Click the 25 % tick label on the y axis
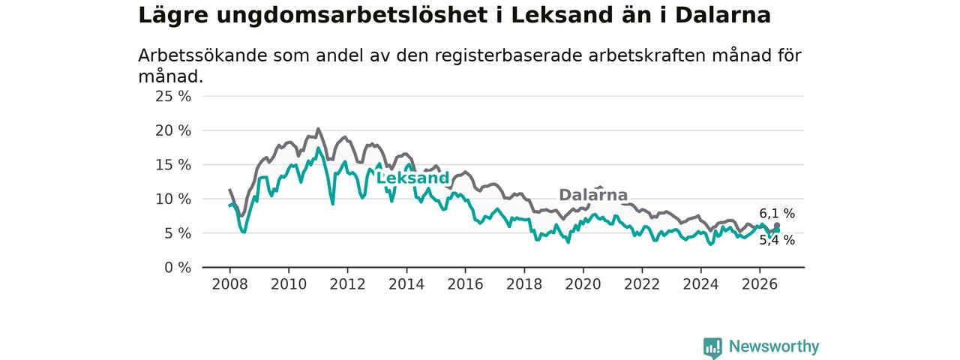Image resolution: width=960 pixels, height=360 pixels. pyautogui.click(x=173, y=97)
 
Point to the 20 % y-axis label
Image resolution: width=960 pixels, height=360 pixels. pyautogui.click(x=173, y=130)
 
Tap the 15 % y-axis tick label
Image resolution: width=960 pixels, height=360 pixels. pyautogui.click(x=173, y=165)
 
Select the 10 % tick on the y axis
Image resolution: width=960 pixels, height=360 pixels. pyautogui.click(x=173, y=199)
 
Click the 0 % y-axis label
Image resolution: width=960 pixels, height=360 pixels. pyautogui.click(x=178, y=268)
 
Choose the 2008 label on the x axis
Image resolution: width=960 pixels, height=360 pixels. pyautogui.click(x=229, y=284)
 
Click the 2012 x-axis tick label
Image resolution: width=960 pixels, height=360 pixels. pyautogui.click(x=347, y=284)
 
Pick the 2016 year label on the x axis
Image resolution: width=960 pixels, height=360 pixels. pyautogui.click(x=466, y=284)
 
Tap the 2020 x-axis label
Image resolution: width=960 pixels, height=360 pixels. pyautogui.click(x=583, y=284)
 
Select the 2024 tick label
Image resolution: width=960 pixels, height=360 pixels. pyautogui.click(x=700, y=284)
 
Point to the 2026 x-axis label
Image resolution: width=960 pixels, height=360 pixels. pyautogui.click(x=760, y=284)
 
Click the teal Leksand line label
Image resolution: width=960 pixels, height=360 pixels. pyautogui.click(x=412, y=178)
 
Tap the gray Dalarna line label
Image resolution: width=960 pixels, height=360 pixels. pyautogui.click(x=593, y=195)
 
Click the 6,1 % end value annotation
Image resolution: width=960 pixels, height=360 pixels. pyautogui.click(x=777, y=214)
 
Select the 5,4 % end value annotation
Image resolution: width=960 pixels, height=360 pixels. pyautogui.click(x=777, y=240)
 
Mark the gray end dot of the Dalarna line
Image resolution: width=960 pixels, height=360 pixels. pyautogui.click(x=777, y=226)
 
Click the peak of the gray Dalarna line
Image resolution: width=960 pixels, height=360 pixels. pyautogui.click(x=318, y=128)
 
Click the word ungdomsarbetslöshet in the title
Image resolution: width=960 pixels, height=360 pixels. pyautogui.click(x=352, y=16)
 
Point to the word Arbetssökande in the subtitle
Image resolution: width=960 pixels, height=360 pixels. pyautogui.click(x=202, y=55)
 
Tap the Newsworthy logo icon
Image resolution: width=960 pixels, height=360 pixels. pyautogui.click(x=712, y=347)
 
